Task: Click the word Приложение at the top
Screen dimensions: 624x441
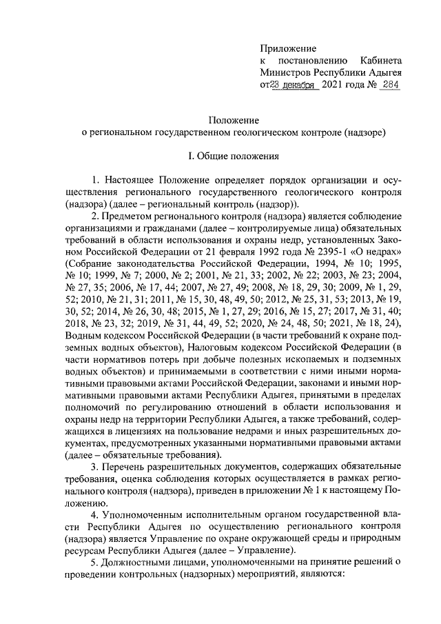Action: coord(288,49)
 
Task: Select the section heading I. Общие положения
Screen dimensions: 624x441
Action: coord(233,157)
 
